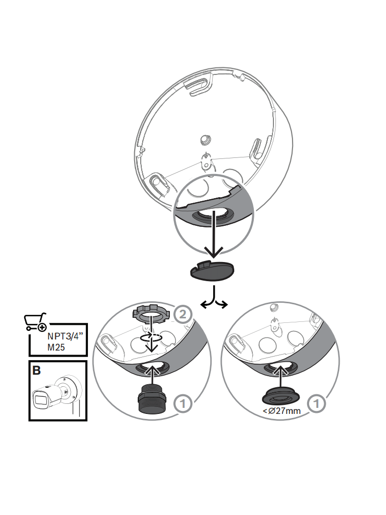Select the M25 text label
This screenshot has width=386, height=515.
tap(56, 347)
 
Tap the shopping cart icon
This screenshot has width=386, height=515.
tap(35, 322)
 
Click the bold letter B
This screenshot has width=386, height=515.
tap(36, 370)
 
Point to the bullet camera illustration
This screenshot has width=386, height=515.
tap(56, 395)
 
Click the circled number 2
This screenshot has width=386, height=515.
tap(182, 314)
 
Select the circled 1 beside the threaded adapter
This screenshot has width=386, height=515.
tap(182, 403)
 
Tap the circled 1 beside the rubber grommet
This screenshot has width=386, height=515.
tap(317, 403)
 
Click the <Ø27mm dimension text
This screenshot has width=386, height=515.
tap(281, 411)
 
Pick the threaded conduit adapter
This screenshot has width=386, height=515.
tap(152, 399)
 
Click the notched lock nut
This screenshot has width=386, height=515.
tap(150, 315)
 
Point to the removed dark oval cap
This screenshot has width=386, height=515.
tap(213, 271)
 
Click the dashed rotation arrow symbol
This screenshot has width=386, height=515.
tap(151, 337)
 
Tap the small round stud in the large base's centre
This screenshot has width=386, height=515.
tap(206, 140)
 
